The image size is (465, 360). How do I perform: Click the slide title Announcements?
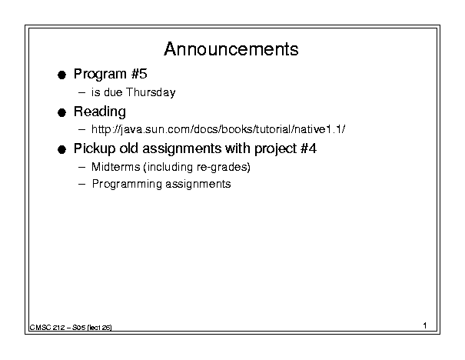click(231, 49)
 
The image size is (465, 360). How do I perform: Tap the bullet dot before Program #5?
click(61, 75)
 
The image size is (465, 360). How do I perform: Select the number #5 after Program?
click(139, 74)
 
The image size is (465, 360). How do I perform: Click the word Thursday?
click(151, 92)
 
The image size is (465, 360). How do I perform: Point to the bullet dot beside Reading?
click(61, 113)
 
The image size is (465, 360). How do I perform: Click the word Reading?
click(100, 112)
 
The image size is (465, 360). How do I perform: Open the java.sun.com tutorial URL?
click(218, 129)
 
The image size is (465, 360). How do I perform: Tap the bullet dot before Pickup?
click(61, 150)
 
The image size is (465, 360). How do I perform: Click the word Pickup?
click(95, 148)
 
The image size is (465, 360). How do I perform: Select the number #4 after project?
click(308, 148)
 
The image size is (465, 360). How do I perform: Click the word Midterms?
click(115, 167)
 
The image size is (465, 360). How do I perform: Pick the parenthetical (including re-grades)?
click(197, 167)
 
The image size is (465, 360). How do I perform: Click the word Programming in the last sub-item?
click(127, 184)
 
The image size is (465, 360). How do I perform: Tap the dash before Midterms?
click(81, 168)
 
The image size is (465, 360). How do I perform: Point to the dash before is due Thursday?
click(81, 92)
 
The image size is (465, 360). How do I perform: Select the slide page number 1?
click(425, 325)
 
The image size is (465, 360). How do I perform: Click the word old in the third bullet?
click(128, 148)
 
